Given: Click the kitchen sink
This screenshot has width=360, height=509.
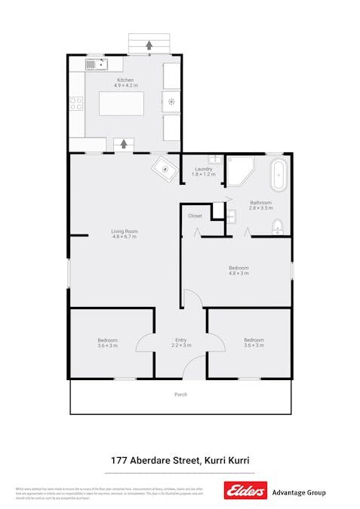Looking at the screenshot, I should click(96, 65).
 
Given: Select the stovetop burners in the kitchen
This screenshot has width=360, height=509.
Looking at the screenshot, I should click(76, 104).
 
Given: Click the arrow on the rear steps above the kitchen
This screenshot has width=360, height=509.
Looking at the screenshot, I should click(149, 45).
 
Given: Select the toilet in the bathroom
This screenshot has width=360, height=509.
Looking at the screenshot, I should click(278, 225).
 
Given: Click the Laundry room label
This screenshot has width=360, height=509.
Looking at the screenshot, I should click(203, 169).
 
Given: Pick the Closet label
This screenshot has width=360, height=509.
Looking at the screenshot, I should click(195, 216).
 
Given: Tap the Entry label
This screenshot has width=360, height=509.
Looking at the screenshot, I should click(180, 340).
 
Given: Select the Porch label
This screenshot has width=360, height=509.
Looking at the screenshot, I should click(180, 394).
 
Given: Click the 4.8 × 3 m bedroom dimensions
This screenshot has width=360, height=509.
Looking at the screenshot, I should click(238, 273).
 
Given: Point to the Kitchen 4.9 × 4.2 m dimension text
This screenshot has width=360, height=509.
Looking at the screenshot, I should click(125, 85).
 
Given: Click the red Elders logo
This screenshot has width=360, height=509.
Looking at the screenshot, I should click(245, 491).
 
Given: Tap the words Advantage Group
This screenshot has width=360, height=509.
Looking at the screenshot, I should click(298, 492).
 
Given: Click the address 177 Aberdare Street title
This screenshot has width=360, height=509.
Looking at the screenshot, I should click(180, 460).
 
